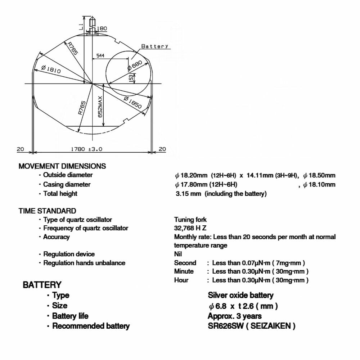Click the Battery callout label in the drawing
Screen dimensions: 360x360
tap(155, 46)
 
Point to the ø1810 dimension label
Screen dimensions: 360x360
tap(51, 68)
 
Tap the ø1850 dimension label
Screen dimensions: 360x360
tap(132, 103)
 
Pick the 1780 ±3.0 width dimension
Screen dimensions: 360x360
tap(87, 149)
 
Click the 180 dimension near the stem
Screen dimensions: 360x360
tap(102, 28)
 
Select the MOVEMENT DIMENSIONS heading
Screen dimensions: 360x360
tap(62, 166)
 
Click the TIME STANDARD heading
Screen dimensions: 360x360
tap(47, 211)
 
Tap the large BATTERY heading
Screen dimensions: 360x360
tap(42, 285)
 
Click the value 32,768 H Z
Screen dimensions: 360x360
tap(190, 228)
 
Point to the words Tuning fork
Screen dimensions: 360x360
tap(190, 220)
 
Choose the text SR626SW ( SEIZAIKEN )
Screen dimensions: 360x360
tap(252, 326)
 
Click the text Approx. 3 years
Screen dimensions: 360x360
tap(235, 316)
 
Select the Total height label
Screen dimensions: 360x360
tap(60, 194)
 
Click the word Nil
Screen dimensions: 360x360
tap(178, 254)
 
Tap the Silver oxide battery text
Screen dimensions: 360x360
tap(240, 296)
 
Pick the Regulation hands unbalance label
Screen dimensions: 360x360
tap(84, 263)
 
